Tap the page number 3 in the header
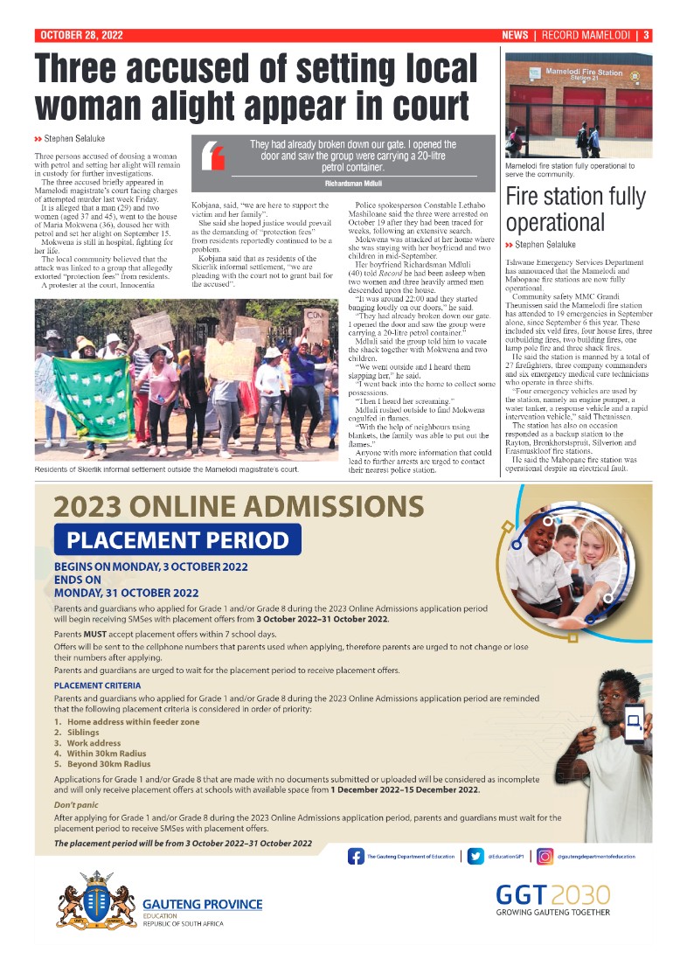pyautogui.click(x=646, y=36)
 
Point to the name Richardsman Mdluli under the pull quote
pyautogui.click(x=352, y=184)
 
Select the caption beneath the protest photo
pyautogui.click(x=167, y=469)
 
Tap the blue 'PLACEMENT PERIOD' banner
pyautogui.click(x=177, y=539)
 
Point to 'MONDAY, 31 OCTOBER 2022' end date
pyautogui.click(x=126, y=592)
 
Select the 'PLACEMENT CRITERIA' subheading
pyautogui.click(x=97, y=685)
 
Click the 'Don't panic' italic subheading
pyautogui.click(x=76, y=803)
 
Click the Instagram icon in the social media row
pyautogui.click(x=545, y=857)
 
